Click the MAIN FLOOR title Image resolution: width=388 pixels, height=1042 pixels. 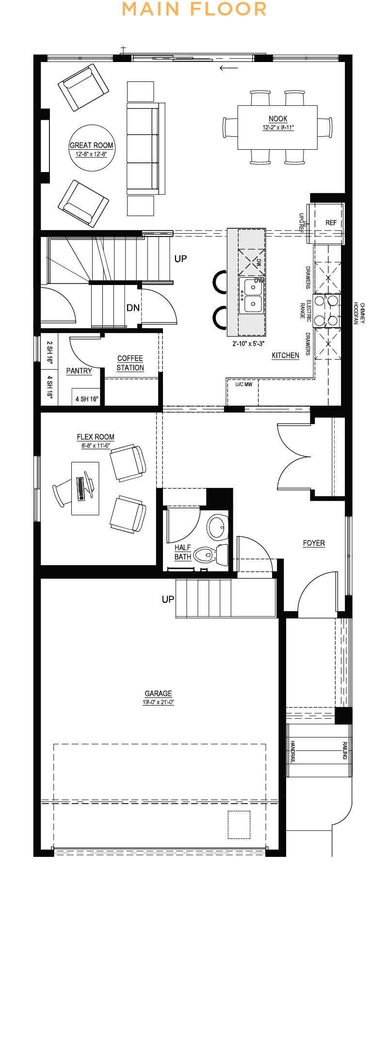(194, 9)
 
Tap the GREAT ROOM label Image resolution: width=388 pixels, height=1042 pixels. (91, 145)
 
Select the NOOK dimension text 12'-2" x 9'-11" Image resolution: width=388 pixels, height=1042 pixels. (278, 127)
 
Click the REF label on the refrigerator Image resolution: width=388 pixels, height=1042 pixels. (331, 223)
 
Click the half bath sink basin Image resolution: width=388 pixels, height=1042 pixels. (217, 526)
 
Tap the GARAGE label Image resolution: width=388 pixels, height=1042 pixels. (158, 694)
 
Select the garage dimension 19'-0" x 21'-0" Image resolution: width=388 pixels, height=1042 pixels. (158, 702)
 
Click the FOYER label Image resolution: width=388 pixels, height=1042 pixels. (314, 543)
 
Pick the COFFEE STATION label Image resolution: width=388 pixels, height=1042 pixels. (130, 363)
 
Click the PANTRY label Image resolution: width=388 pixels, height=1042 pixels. (79, 371)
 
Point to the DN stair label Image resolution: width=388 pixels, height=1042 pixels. (133, 308)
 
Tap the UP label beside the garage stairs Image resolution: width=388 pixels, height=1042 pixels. (168, 600)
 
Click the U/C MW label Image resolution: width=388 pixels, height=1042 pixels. (244, 385)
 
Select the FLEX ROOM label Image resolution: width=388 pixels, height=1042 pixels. (96, 437)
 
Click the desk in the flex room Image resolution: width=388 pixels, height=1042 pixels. (85, 488)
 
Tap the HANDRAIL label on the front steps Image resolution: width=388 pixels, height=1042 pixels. (292, 751)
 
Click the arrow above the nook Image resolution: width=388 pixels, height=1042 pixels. (229, 68)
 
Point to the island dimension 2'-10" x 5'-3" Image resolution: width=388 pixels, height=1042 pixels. (248, 344)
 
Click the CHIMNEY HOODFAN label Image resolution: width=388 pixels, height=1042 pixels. (359, 314)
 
